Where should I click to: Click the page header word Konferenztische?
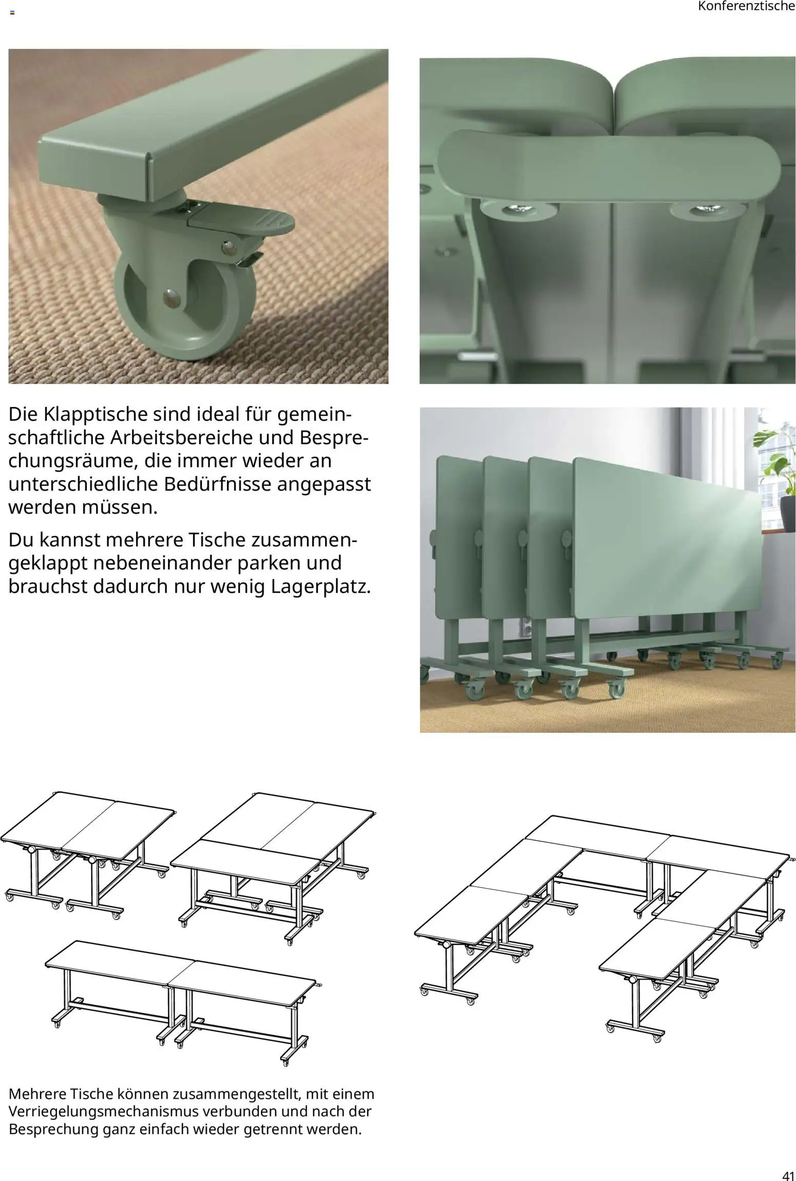click(746, 7)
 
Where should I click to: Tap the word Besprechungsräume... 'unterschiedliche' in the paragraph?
click(83, 484)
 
